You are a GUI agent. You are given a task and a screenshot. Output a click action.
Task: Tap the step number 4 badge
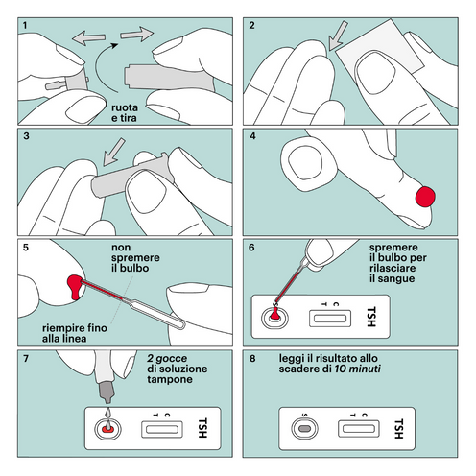(x=253, y=135)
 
